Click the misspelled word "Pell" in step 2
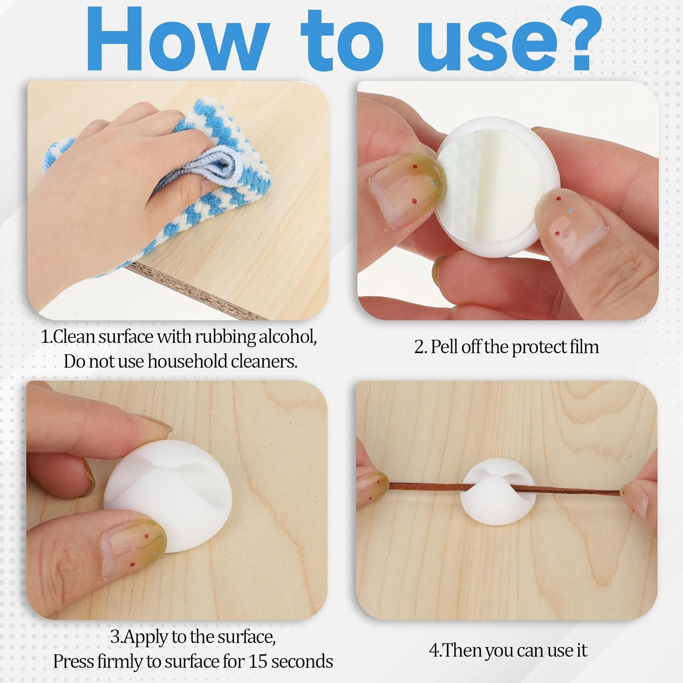[444, 347]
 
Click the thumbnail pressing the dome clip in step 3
[137, 533]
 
